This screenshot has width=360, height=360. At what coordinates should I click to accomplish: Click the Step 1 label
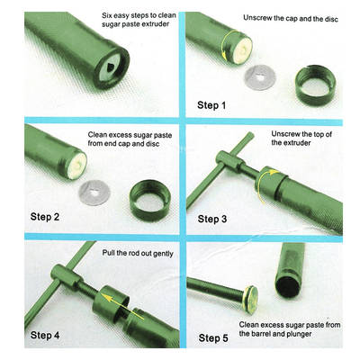[211, 105]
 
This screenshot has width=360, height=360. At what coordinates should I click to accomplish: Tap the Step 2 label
[45, 217]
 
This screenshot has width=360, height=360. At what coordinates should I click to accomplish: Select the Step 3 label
[212, 219]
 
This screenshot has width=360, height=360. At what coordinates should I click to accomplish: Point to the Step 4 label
[45, 335]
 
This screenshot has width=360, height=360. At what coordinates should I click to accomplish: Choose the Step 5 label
[213, 338]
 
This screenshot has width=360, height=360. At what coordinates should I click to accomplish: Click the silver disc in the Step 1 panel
[260, 77]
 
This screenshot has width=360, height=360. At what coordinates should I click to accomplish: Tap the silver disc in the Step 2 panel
[94, 193]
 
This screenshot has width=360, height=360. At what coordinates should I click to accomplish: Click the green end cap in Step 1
[315, 83]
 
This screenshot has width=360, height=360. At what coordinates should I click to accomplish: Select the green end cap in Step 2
[150, 200]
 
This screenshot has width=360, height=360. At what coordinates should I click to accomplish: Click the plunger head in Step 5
[250, 300]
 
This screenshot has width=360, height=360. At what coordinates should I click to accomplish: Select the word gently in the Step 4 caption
[163, 254]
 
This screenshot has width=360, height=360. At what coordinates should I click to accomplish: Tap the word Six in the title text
[107, 15]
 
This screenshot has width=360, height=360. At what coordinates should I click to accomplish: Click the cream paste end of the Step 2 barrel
[78, 166]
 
